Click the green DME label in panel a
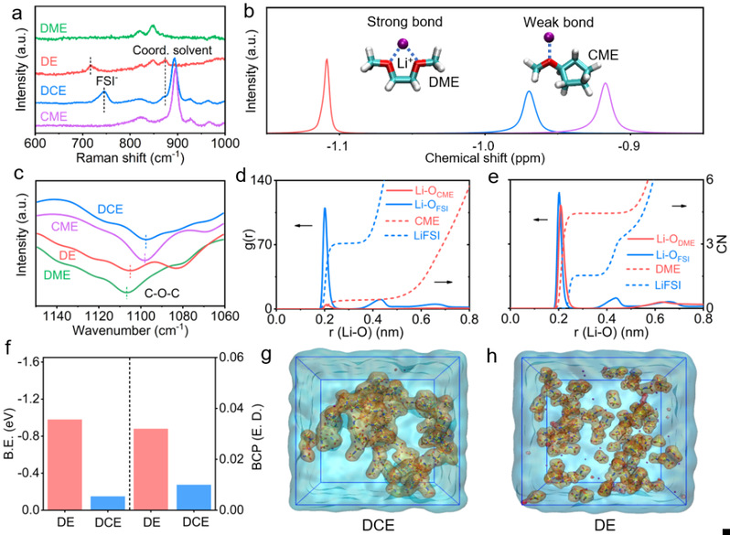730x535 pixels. [x=50, y=30]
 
